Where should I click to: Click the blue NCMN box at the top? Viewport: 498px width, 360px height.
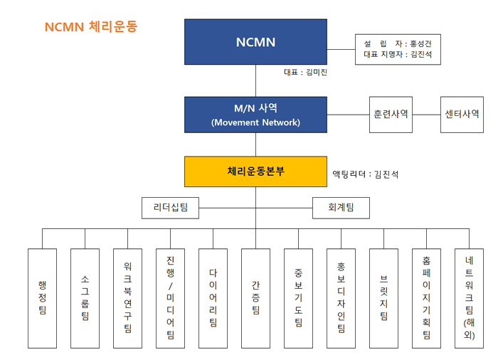click(x=255, y=42)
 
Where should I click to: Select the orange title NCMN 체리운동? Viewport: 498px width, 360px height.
click(x=91, y=27)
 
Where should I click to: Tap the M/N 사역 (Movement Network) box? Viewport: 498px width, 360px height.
click(x=255, y=115)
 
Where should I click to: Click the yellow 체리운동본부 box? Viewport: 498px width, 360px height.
click(x=255, y=171)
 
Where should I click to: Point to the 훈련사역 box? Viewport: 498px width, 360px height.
click(x=391, y=115)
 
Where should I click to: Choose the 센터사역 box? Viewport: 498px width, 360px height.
click(x=462, y=115)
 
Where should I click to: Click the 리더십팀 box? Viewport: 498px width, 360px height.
click(x=171, y=208)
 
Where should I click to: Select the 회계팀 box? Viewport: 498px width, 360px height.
click(x=341, y=208)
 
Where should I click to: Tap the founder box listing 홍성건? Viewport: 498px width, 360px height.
click(x=398, y=50)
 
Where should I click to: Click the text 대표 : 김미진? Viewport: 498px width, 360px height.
click(x=305, y=73)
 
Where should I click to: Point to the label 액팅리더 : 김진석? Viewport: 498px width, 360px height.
click(x=366, y=174)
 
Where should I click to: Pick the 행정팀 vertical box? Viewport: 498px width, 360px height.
click(x=42, y=298)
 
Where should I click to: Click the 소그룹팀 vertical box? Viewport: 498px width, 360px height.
click(x=85, y=298)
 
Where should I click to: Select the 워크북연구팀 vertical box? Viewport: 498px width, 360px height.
click(x=127, y=298)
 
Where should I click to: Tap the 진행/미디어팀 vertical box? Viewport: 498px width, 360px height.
click(x=170, y=298)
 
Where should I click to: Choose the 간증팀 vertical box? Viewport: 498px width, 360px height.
click(x=255, y=298)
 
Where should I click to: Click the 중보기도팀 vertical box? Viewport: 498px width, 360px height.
click(x=299, y=298)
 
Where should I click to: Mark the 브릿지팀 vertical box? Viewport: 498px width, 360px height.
click(x=383, y=298)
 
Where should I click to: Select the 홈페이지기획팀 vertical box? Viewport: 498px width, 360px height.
click(x=427, y=298)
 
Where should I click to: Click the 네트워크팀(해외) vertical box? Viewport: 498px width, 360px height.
click(x=469, y=298)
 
